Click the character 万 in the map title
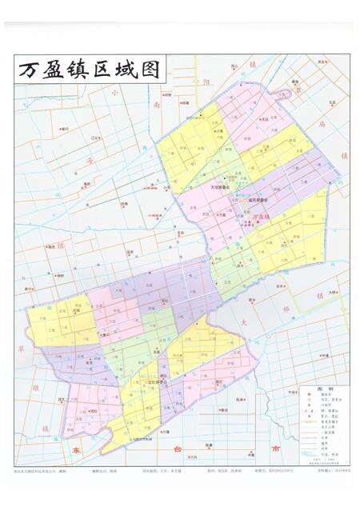tap(30, 70)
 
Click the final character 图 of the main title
tap(148, 70)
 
